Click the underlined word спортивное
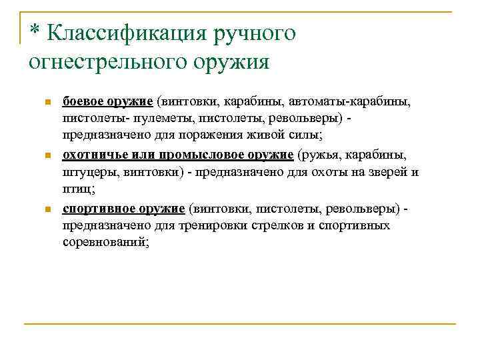pos(96,209)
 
